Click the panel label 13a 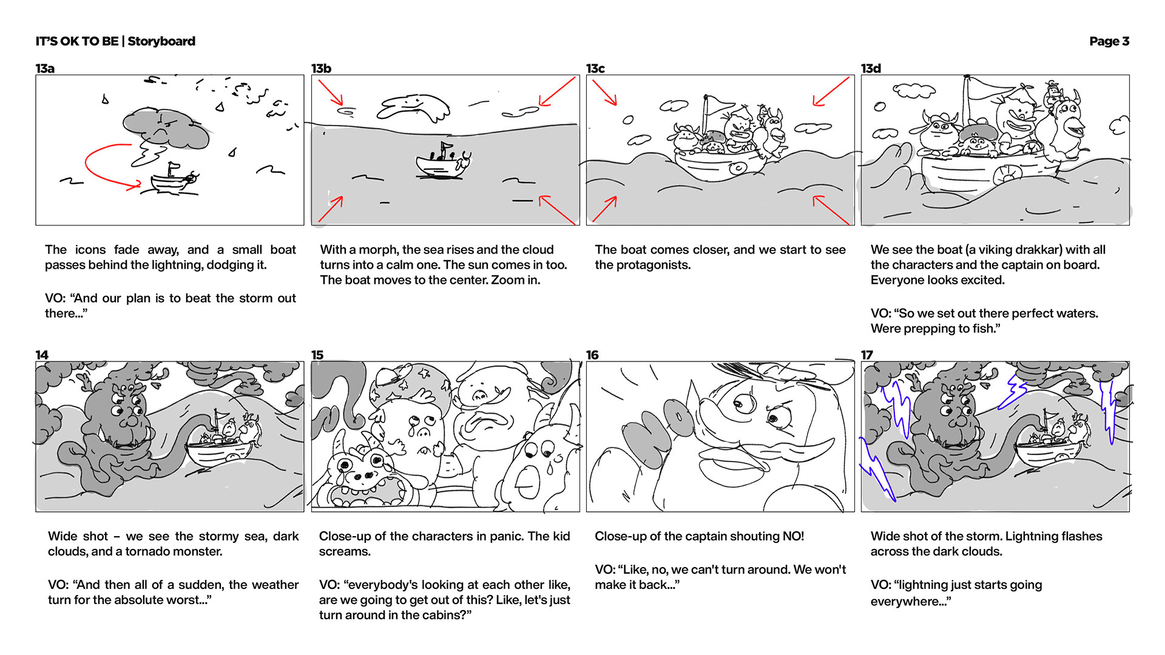(x=45, y=69)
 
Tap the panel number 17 (x=866, y=355)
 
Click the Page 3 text (x=1109, y=41)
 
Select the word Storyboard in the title (x=161, y=41)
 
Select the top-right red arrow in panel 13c (x=831, y=91)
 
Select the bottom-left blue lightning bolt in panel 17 (x=876, y=470)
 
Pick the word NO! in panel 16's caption (x=790, y=536)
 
